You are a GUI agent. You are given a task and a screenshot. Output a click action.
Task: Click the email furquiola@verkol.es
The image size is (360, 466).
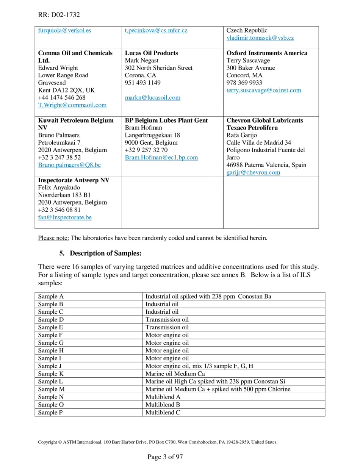click(64, 30)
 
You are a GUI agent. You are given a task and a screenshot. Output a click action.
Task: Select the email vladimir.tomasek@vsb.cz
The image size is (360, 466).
click(260, 38)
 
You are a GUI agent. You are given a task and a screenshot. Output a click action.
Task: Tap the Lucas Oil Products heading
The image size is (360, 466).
click(151, 53)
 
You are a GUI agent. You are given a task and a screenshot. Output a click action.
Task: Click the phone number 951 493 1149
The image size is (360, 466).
click(142, 83)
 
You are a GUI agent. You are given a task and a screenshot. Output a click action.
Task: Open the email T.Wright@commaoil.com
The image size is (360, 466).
click(72, 105)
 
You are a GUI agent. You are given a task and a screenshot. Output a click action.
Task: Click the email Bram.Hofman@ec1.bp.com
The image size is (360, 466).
click(161, 157)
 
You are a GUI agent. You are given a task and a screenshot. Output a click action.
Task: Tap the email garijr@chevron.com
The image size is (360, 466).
click(253, 172)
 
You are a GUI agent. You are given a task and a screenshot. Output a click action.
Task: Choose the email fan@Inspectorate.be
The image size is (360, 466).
click(64, 217)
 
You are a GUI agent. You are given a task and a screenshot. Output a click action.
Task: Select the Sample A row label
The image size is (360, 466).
click(48, 296)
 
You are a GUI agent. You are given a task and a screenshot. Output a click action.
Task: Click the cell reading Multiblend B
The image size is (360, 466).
click(163, 405)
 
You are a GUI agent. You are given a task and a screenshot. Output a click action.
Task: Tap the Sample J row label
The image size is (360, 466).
click(47, 366)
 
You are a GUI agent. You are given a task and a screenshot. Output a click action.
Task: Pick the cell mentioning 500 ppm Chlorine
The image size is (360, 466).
click(218, 389)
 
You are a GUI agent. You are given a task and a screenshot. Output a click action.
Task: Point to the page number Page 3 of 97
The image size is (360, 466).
click(165, 457)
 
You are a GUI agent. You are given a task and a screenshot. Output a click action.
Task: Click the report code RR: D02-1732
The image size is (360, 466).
click(59, 15)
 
